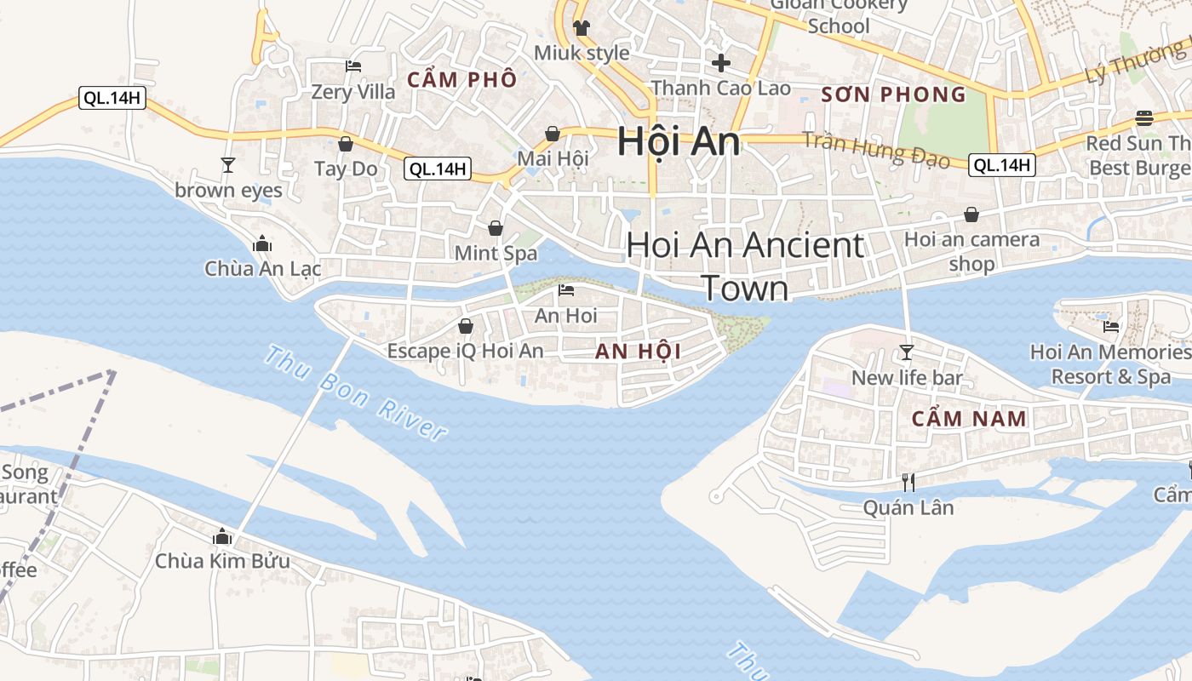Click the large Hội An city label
(679, 140)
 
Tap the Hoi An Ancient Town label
(745, 266)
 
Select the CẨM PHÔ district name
(461, 80)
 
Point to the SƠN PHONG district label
(894, 94)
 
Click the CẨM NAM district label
(969, 419)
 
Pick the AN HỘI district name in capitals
(638, 352)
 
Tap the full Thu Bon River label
(356, 392)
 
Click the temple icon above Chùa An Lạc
(261, 244)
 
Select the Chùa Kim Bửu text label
(222, 562)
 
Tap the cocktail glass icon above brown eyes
(227, 164)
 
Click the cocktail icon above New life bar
(907, 352)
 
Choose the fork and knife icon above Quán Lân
(908, 483)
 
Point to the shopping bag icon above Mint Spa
(495, 228)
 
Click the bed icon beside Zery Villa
(353, 66)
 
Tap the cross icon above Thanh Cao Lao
(721, 62)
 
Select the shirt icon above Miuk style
(582, 28)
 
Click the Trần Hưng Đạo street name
(877, 151)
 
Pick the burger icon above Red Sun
(1143, 118)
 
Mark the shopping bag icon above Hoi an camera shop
(971, 215)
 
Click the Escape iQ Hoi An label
(465, 351)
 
